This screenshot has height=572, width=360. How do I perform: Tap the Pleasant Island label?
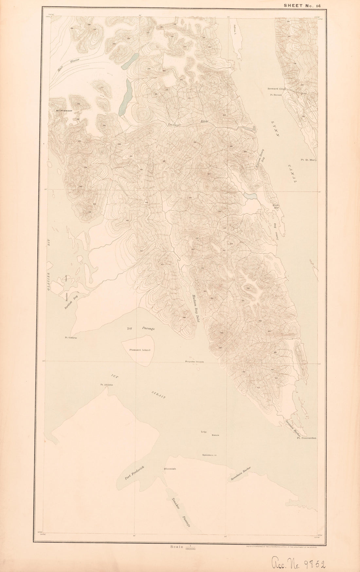click(x=140, y=350)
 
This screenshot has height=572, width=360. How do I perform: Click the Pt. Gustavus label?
click(x=71, y=338)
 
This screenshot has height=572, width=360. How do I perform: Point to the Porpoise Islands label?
click(x=195, y=362)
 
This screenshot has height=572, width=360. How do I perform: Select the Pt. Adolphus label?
click(x=107, y=385)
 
